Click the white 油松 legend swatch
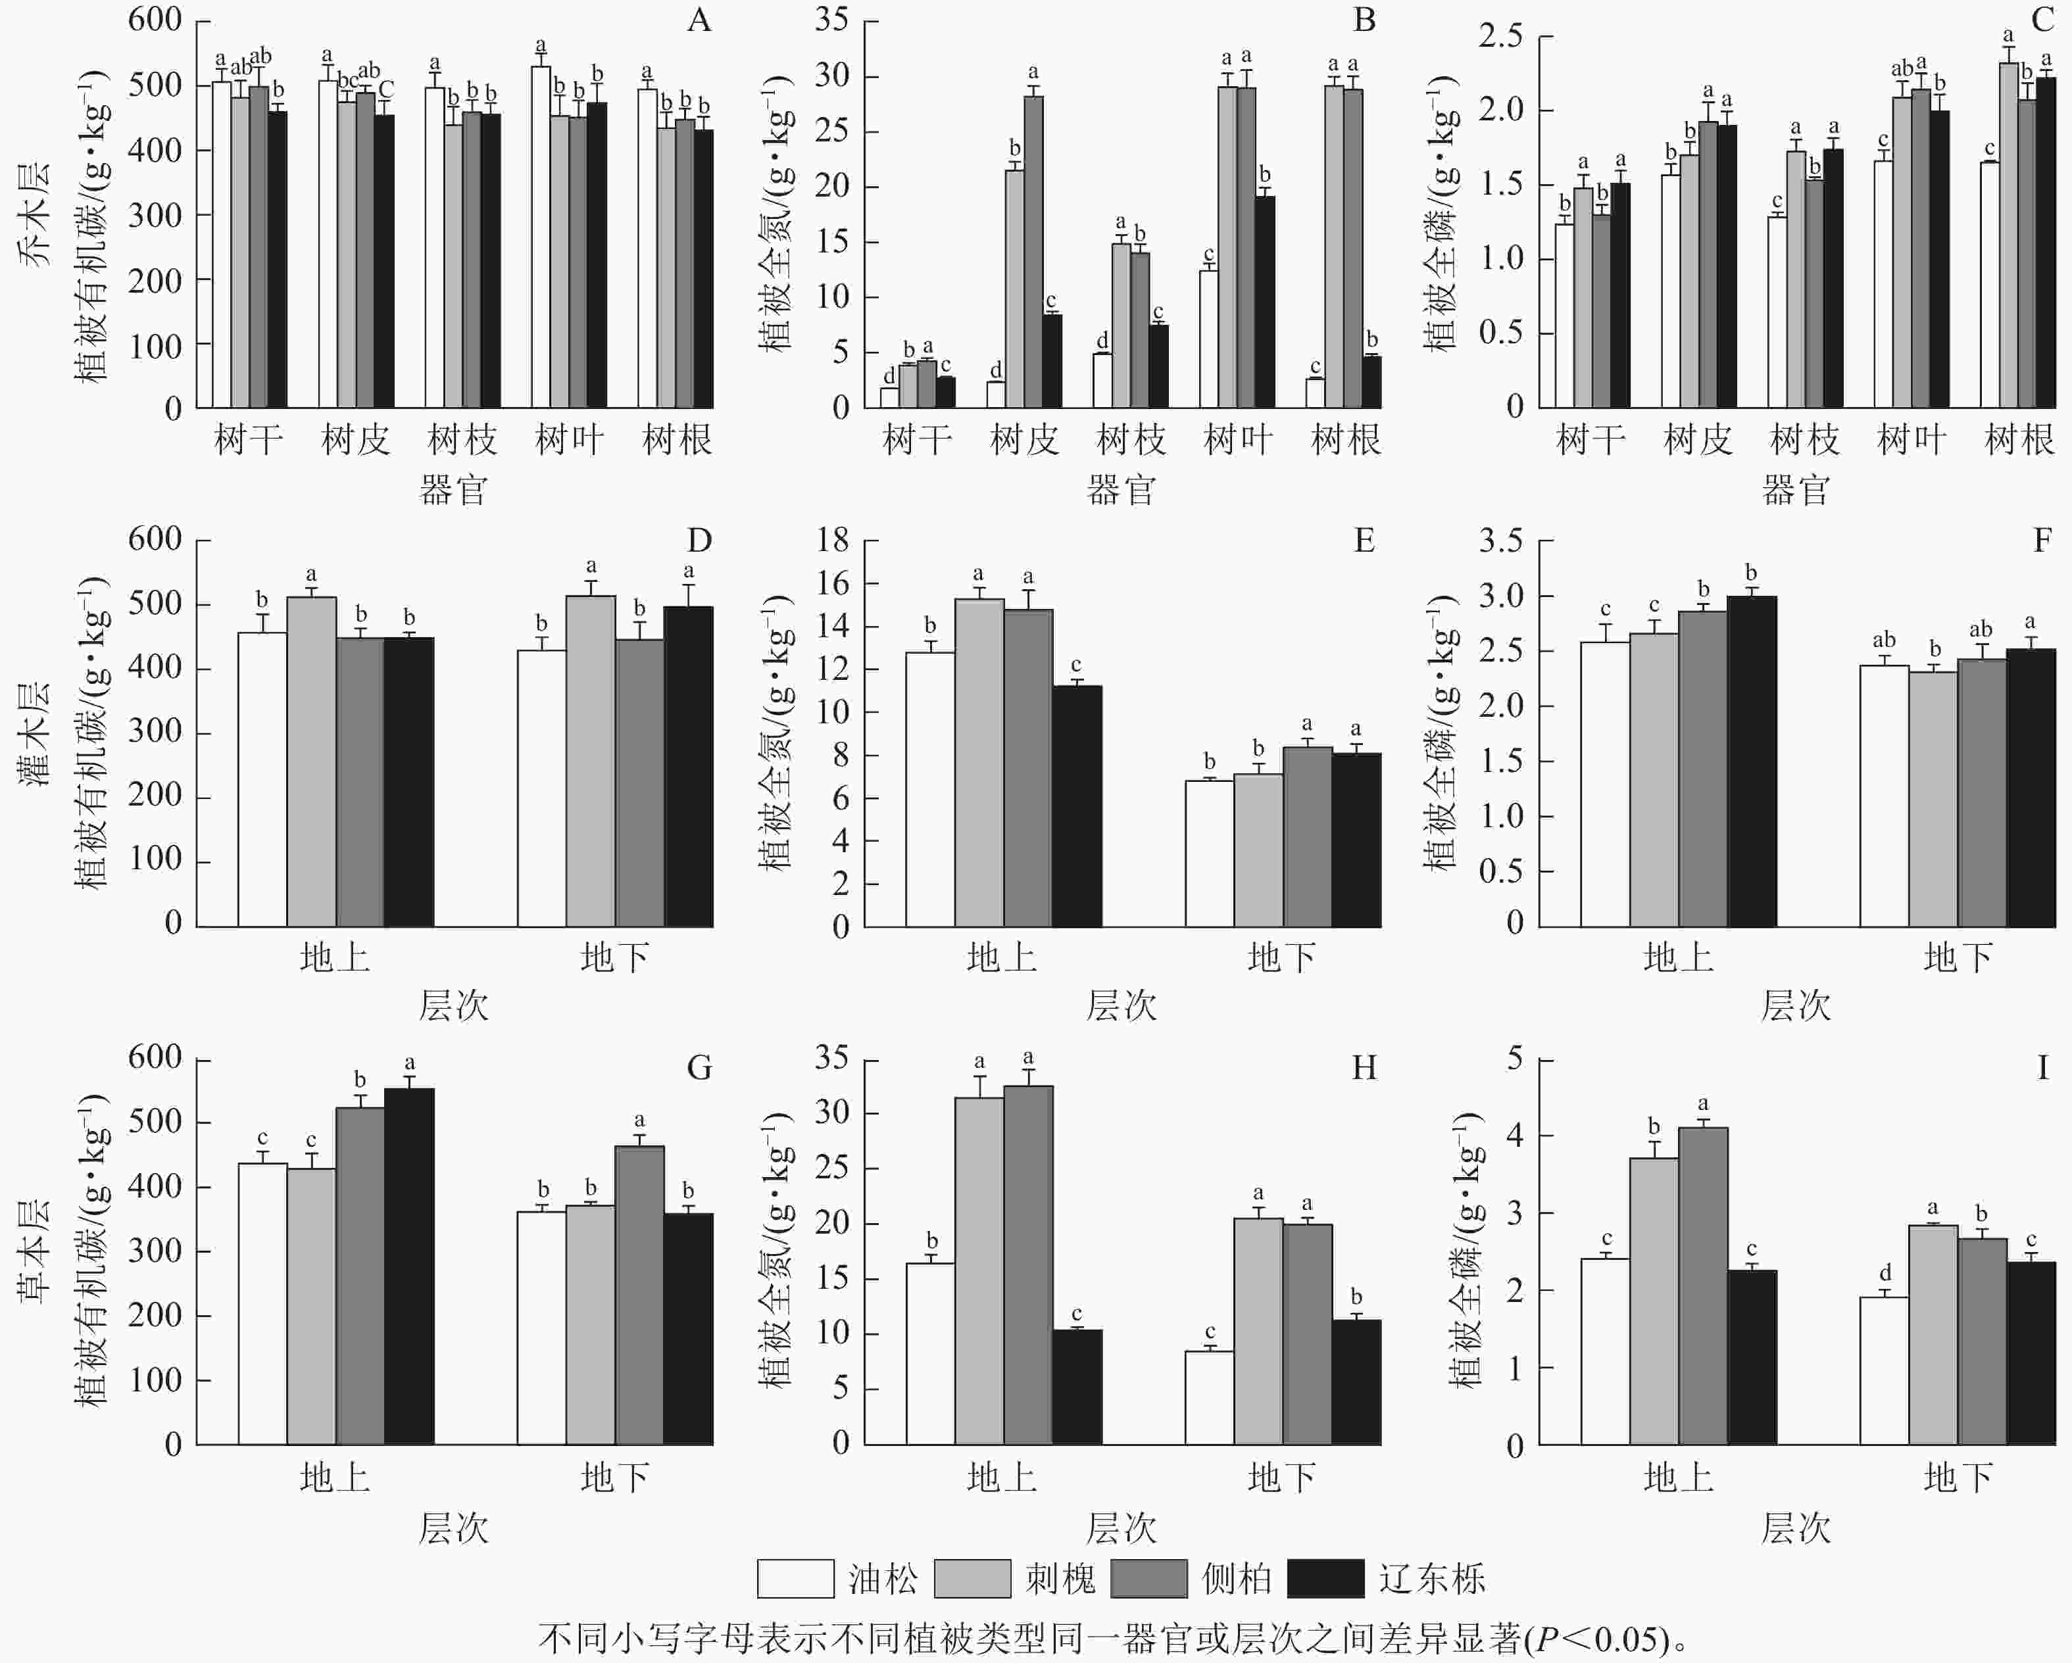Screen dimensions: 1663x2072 (x=795, y=1578)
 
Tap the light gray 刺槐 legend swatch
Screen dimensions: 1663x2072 (x=972, y=1578)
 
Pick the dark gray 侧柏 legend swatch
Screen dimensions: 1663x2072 (x=1148, y=1578)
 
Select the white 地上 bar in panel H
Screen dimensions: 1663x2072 (x=930, y=1354)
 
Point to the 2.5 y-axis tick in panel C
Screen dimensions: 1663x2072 (x=1500, y=37)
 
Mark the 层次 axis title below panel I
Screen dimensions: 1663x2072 (x=1795, y=1528)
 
